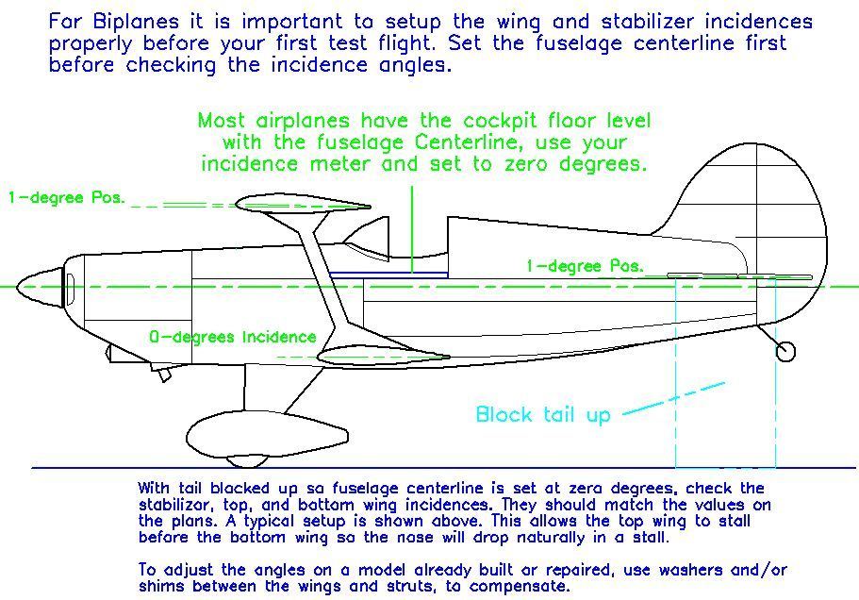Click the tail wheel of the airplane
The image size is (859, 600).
[x=785, y=351]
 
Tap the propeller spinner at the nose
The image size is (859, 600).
[x=40, y=287]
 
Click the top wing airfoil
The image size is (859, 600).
[x=303, y=204]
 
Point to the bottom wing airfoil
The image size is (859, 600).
[x=384, y=357]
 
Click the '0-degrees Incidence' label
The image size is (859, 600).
[x=233, y=337]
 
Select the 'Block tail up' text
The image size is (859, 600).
[x=543, y=414]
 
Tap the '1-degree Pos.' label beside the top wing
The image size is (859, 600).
[x=66, y=198]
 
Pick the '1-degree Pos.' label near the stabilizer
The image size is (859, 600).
[x=585, y=266]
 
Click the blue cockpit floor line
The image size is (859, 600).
[x=389, y=273]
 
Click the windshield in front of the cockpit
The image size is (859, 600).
[x=368, y=237]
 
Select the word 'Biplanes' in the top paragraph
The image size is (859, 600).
[x=136, y=22]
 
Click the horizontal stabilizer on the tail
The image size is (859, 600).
[x=739, y=276]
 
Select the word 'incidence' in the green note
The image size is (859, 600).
[x=251, y=164]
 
